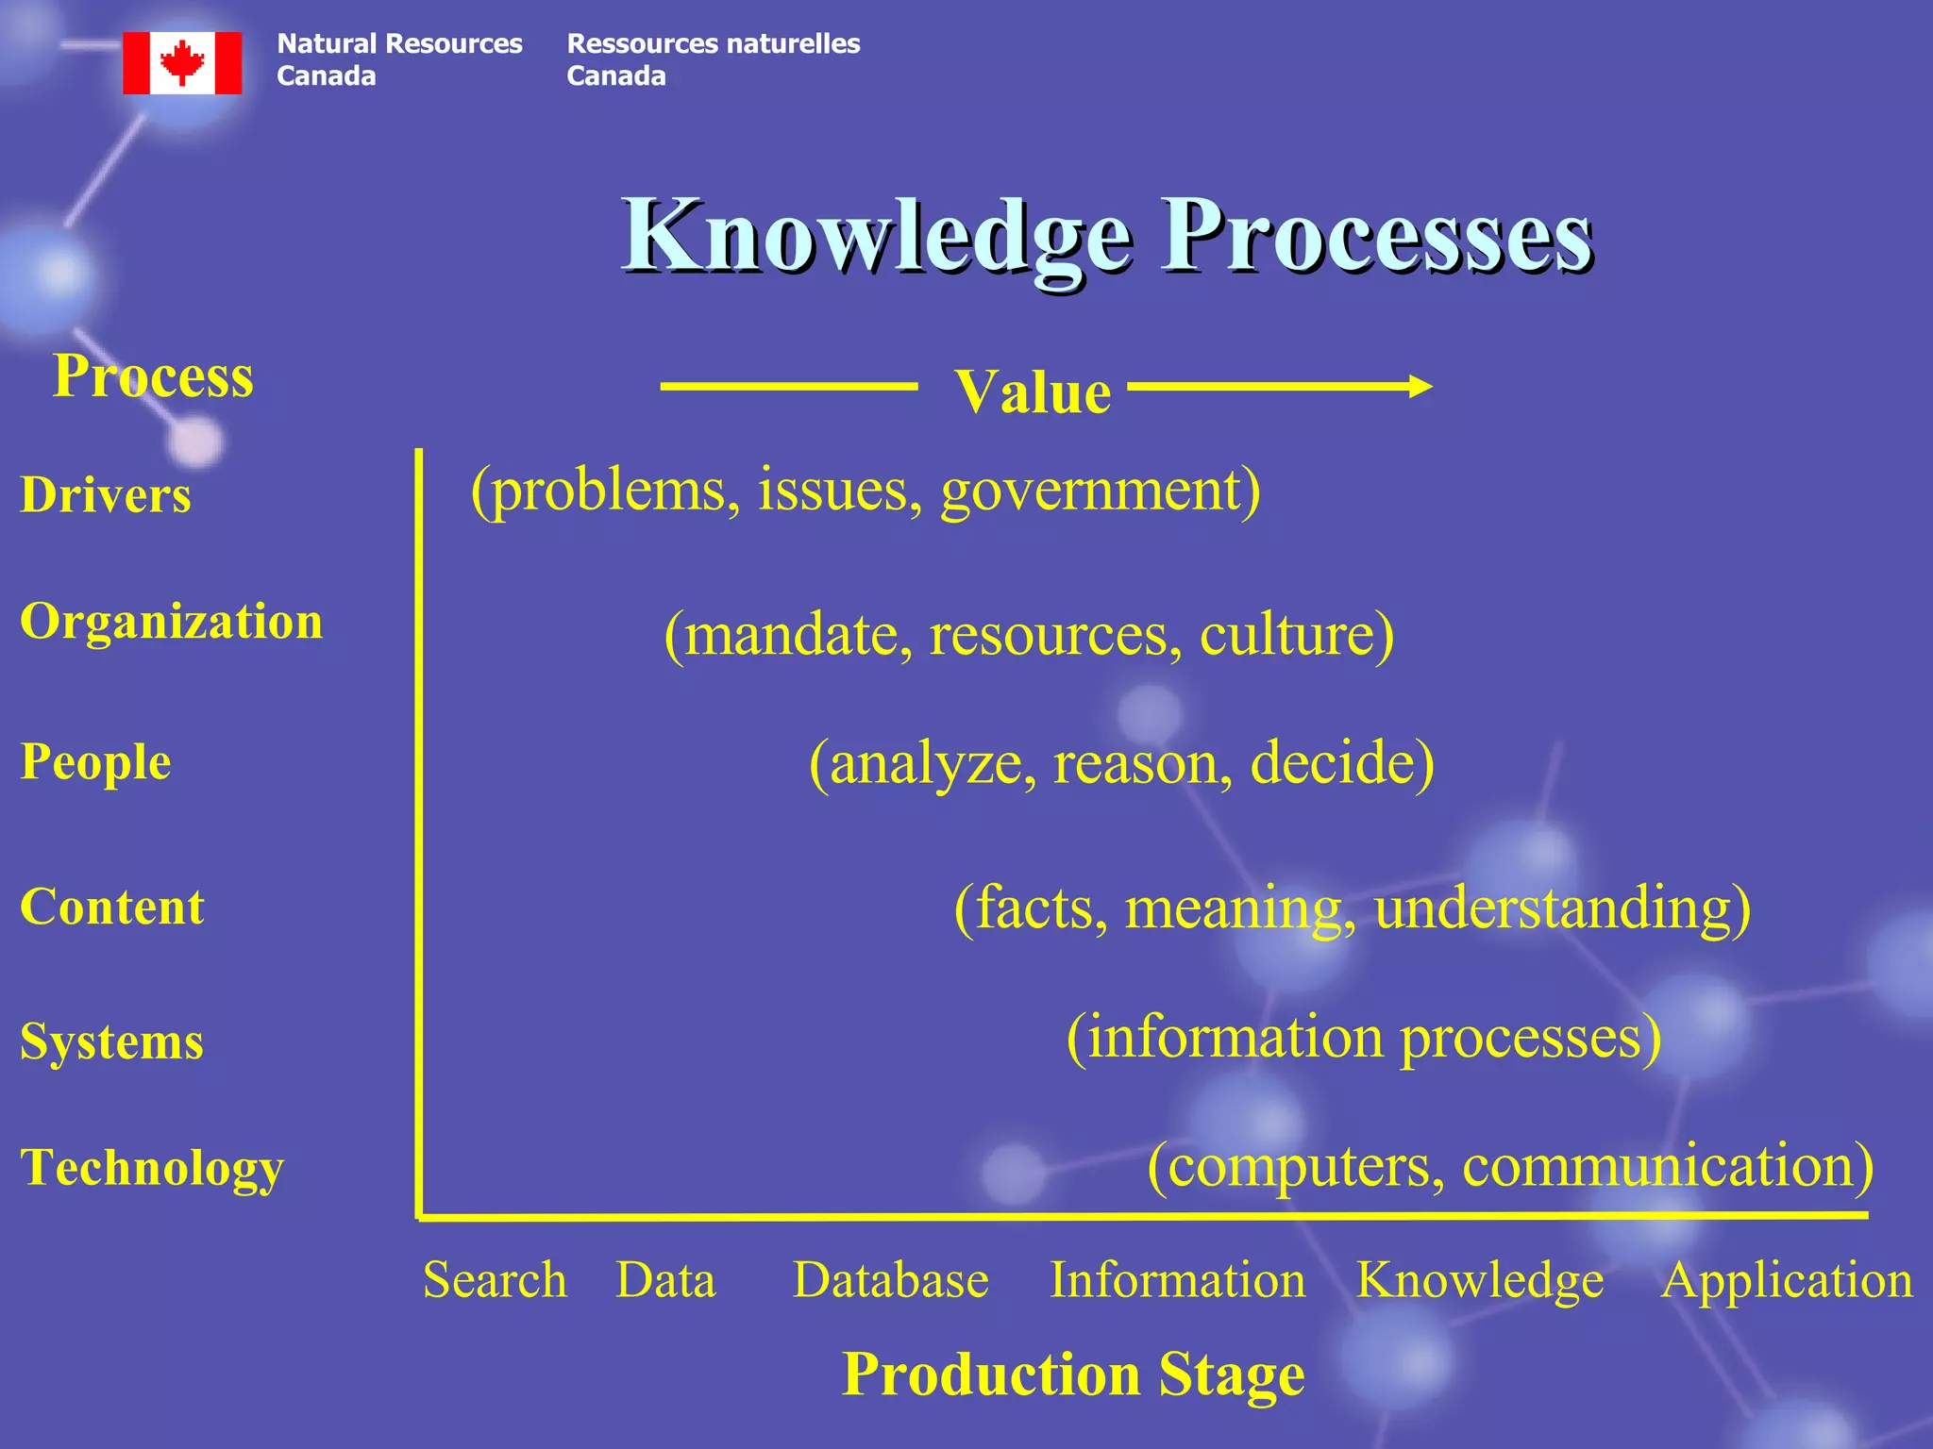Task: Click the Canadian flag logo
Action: tap(182, 62)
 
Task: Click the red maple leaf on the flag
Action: tap(182, 61)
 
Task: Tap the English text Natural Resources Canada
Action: tap(398, 59)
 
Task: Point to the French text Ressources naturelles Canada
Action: tap(713, 59)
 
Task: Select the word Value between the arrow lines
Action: tap(1033, 391)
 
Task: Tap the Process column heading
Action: tap(153, 375)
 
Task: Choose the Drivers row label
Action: tap(106, 494)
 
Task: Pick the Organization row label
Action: tap(171, 621)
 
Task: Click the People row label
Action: tap(95, 761)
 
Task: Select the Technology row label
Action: tap(152, 1167)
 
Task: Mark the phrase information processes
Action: tap(1364, 1037)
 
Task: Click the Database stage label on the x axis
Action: tap(890, 1280)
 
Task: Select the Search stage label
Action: tap(495, 1280)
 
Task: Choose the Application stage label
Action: tap(1786, 1280)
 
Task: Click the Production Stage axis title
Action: tap(1073, 1374)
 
